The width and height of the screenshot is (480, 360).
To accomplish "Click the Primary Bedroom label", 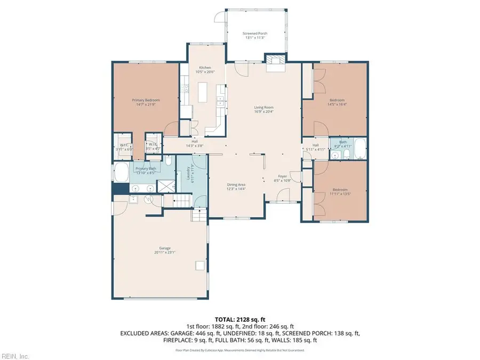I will [x=146, y=102].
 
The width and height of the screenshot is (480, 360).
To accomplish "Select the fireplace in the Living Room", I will [x=275, y=62].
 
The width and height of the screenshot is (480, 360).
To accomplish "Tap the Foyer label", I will [x=283, y=178].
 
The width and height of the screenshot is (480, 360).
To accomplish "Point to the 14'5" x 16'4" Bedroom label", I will [x=337, y=102].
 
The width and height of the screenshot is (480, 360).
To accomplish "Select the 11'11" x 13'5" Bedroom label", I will [x=340, y=192].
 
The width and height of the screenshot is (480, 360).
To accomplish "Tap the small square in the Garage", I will [x=201, y=265].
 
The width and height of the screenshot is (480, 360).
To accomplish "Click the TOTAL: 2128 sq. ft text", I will [x=240, y=318].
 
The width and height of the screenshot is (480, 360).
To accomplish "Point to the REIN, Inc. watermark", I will [x=15, y=356].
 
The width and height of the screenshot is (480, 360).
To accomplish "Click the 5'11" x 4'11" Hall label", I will [x=315, y=147].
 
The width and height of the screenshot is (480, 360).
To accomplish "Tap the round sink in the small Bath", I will [x=334, y=155].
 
